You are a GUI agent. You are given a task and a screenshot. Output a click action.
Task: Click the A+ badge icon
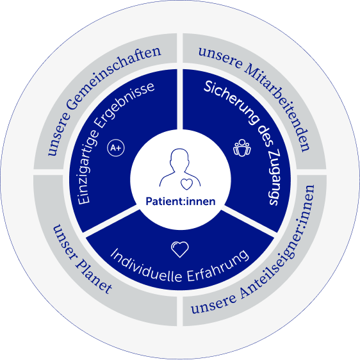click(116, 147)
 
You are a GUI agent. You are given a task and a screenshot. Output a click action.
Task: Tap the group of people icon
click(242, 148)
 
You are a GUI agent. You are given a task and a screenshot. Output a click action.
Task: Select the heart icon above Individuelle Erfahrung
click(180, 249)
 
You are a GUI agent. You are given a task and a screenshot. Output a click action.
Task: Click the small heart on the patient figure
click(186, 184)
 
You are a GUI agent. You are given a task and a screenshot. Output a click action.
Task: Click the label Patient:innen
click(181, 201)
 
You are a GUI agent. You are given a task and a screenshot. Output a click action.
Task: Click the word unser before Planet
click(63, 241)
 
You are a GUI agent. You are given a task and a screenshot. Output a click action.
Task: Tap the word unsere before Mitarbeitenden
click(220, 57)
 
